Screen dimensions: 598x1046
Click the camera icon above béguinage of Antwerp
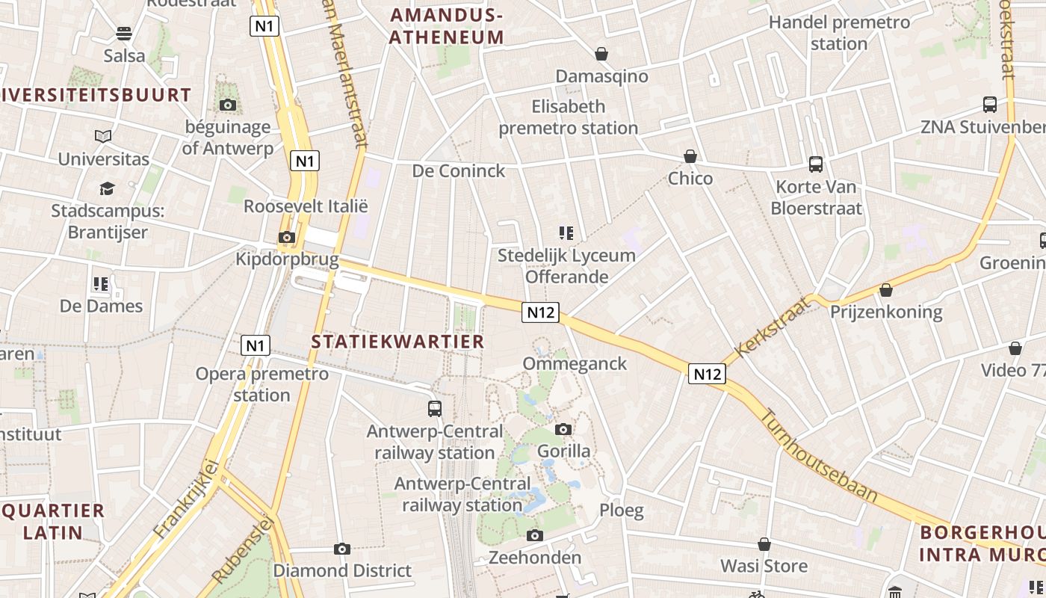pos(228,105)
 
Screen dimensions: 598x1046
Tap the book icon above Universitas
pos(103,137)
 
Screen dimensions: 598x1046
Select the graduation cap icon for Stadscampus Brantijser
pos(108,188)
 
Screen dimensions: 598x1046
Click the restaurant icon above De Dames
pos(101,284)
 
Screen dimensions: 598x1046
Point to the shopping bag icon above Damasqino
pos(601,54)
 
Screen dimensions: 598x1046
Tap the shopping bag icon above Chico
pos(690,156)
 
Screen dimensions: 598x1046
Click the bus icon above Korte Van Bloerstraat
pos(816,164)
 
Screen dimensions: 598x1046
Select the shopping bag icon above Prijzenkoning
pos(886,289)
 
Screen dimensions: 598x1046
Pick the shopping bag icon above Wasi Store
pos(764,544)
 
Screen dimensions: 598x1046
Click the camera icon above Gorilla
pos(563,429)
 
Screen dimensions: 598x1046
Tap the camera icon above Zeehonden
pos(534,536)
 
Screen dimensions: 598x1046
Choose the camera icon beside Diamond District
pos(342,549)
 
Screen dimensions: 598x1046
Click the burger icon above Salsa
pos(124,34)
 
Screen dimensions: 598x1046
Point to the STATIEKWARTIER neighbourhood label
pos(397,342)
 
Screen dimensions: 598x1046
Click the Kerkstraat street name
pos(773,327)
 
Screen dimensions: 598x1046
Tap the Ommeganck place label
pos(575,364)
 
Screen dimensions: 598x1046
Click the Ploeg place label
pos(621,511)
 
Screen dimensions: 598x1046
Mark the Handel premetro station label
pos(839,33)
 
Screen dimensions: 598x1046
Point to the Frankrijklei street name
pos(187,499)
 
